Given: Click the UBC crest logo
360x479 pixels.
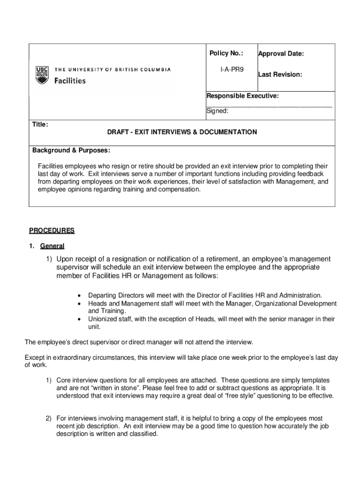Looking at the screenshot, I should point(42,75).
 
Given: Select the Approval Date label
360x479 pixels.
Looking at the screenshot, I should point(281,54).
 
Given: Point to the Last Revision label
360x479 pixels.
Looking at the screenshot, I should point(280,74).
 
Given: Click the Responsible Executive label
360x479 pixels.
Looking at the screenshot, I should point(243,96).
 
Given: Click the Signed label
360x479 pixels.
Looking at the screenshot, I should point(217,111).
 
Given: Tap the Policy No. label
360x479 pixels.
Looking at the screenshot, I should point(226,53).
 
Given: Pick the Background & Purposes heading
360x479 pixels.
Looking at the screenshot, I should point(71,150).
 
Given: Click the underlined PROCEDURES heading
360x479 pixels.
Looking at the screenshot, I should point(52,231).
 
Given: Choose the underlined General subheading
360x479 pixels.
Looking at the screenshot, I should point(52,246).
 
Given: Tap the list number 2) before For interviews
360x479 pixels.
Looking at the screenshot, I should point(48,418).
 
